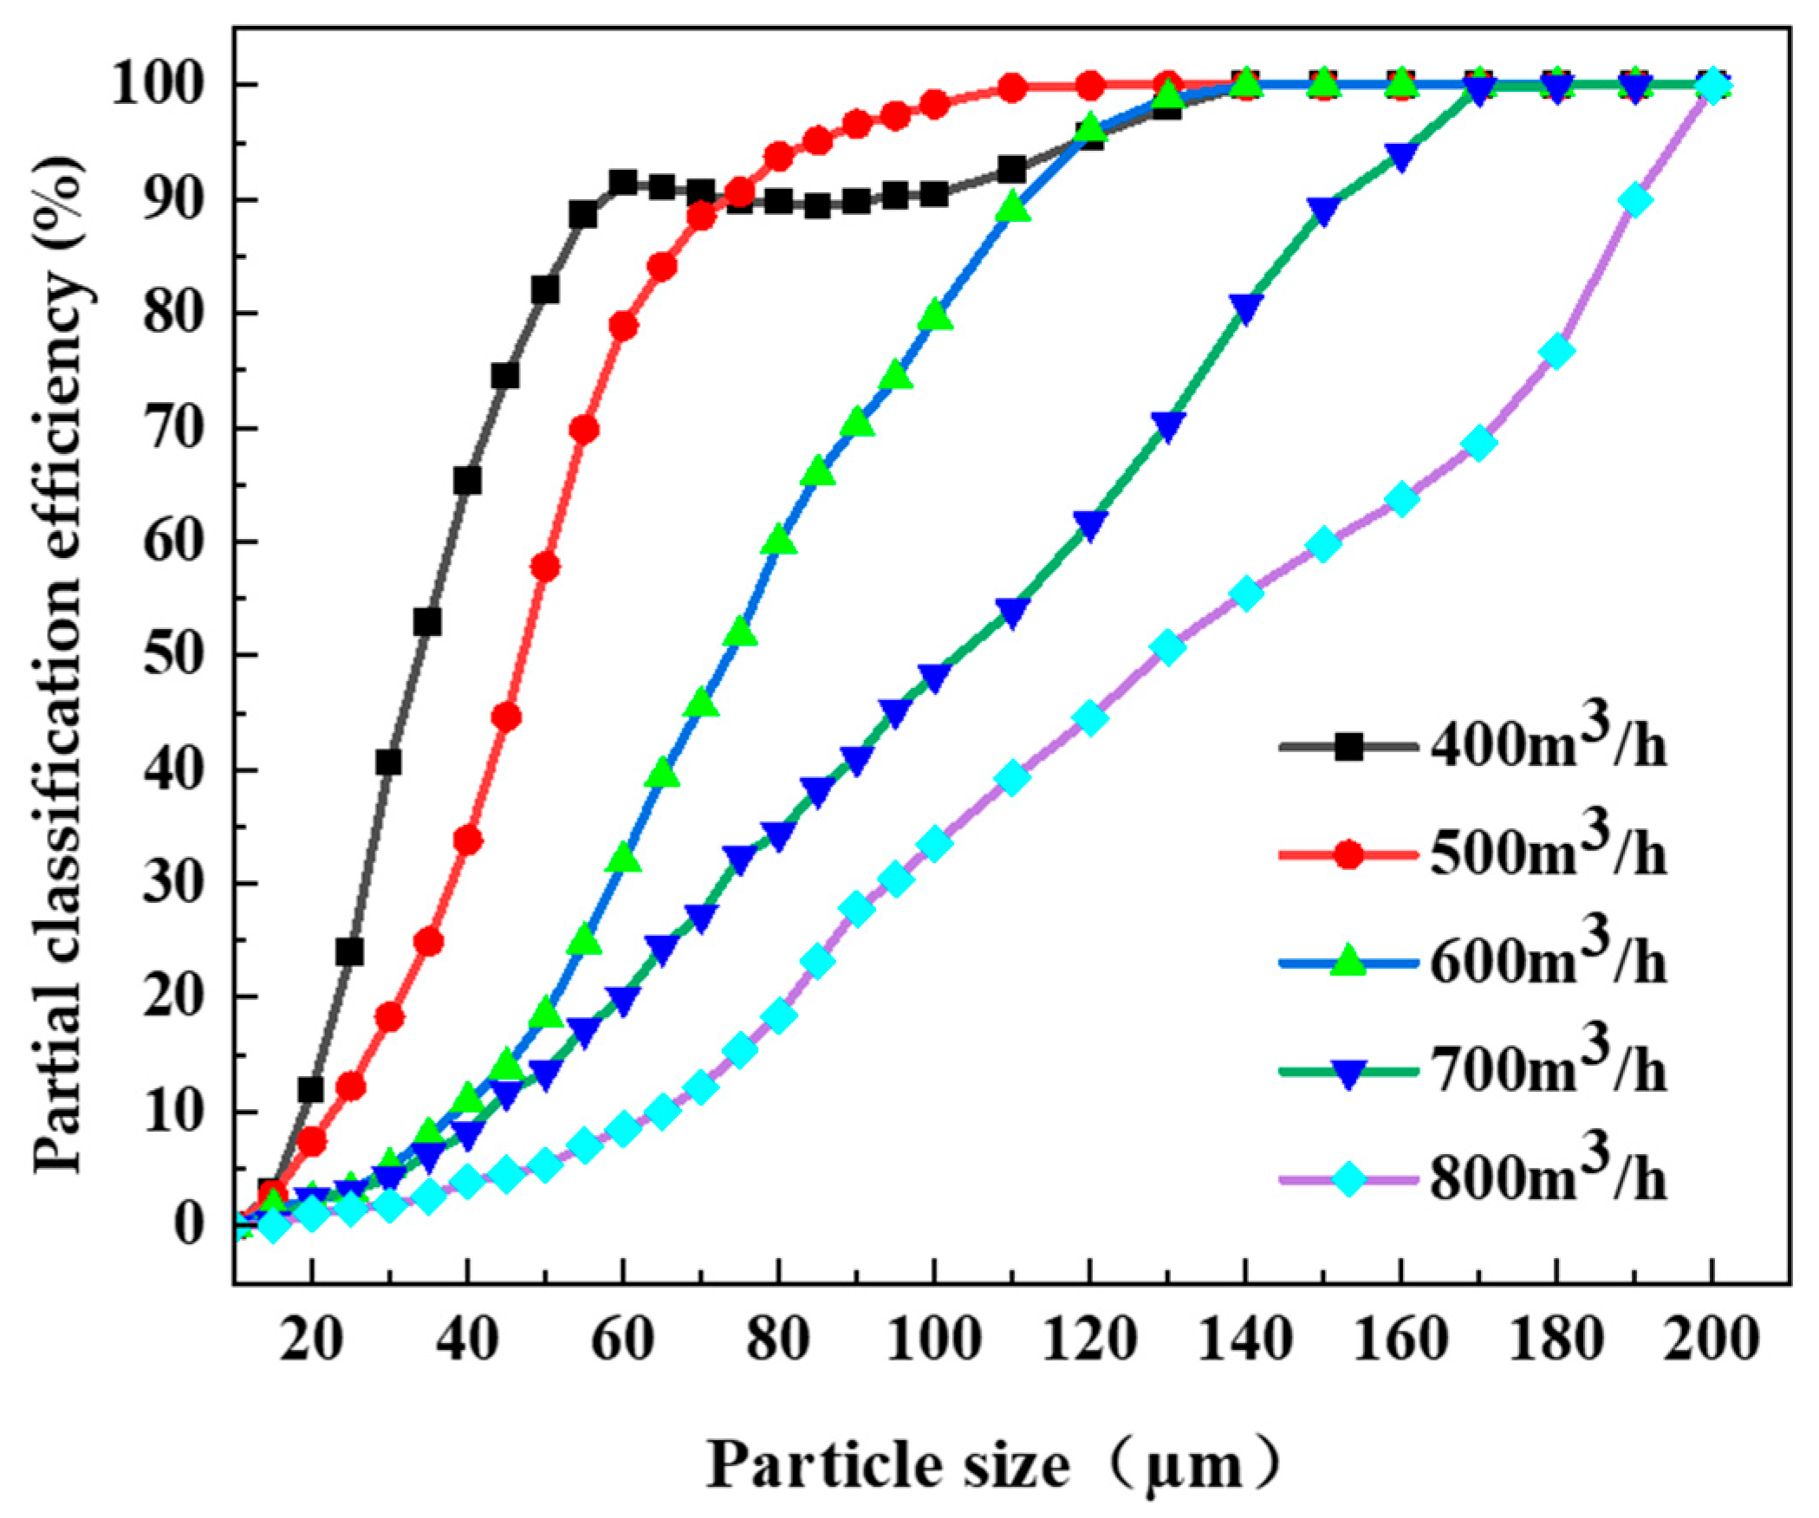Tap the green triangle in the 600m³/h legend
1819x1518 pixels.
[x=1348, y=962]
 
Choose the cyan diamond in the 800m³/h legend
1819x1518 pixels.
[x=1348, y=1179]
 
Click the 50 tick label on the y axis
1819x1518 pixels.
[x=173, y=655]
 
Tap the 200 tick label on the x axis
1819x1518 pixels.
[x=1711, y=1340]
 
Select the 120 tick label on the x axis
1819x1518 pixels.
[x=1089, y=1340]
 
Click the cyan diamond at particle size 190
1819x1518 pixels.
[x=1634, y=200]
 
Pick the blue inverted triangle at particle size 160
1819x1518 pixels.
[x=1401, y=157]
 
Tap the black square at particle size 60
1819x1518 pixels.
[x=623, y=183]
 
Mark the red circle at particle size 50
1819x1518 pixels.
[x=545, y=568]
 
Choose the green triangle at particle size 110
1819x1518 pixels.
[x=1012, y=207]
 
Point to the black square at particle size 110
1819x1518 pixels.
[x=1011, y=170]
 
